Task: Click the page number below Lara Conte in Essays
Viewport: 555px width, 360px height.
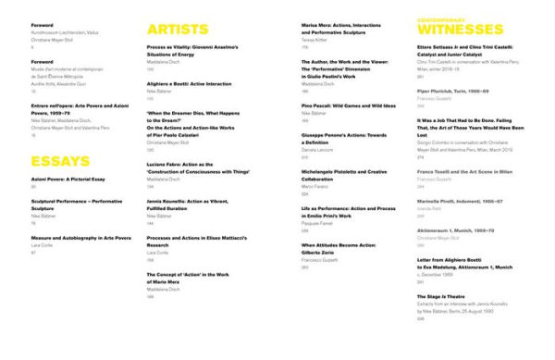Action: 33,251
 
